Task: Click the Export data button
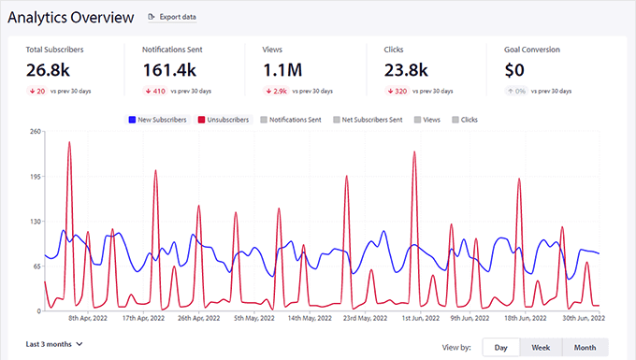coord(172,17)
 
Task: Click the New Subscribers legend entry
coord(157,120)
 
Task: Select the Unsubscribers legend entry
coord(223,120)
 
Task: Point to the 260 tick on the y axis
coord(35,132)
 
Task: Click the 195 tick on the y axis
coord(35,177)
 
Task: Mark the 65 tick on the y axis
coord(36,266)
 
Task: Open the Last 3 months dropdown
coord(54,344)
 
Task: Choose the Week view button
coord(541,347)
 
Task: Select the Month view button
coord(585,347)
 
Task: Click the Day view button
coord(500,347)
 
